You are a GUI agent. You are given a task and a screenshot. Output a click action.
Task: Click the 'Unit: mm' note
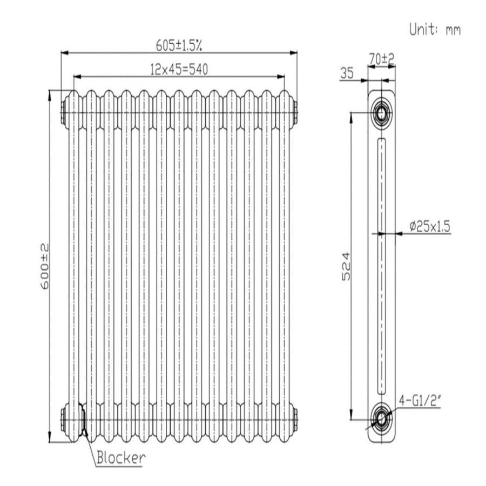click(x=435, y=30)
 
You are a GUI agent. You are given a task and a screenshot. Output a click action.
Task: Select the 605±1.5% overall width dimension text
click(x=179, y=45)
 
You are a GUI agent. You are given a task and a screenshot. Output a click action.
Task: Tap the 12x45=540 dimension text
click(x=179, y=69)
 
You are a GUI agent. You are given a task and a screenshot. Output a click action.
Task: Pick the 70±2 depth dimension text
click(x=382, y=57)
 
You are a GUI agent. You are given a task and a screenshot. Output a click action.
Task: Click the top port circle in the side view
click(x=382, y=112)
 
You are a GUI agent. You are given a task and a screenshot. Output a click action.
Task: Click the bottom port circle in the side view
click(x=382, y=417)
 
